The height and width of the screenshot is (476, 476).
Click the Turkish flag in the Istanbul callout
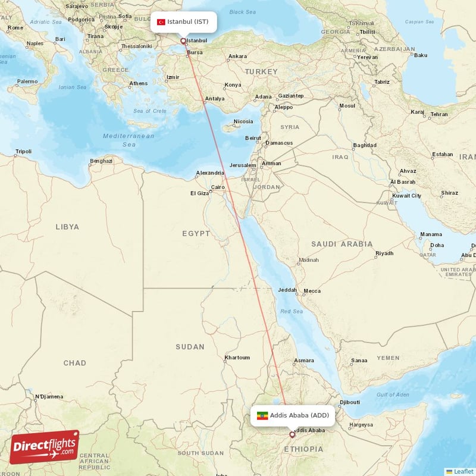click(161, 22)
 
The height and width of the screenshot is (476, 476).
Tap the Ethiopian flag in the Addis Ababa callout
click(262, 415)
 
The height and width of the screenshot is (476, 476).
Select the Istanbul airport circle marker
click(183, 42)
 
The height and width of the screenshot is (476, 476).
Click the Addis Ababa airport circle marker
click(292, 434)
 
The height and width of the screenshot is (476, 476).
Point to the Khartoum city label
click(237, 358)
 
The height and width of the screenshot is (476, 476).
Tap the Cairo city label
click(218, 187)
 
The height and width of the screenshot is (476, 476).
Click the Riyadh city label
click(384, 253)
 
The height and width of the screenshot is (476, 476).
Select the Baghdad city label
click(365, 145)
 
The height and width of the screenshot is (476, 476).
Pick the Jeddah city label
click(287, 290)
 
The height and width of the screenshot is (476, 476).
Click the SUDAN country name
click(190, 346)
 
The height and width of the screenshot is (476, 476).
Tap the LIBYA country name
click(67, 227)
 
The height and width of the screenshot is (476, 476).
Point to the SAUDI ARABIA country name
click(342, 244)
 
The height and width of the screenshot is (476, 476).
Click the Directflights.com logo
click(44, 447)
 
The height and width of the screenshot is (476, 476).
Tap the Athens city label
click(138, 83)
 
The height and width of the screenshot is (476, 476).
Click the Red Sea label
click(292, 311)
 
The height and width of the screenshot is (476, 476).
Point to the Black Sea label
click(242, 12)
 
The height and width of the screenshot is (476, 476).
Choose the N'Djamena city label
click(48, 396)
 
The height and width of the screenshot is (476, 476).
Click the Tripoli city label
click(23, 152)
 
